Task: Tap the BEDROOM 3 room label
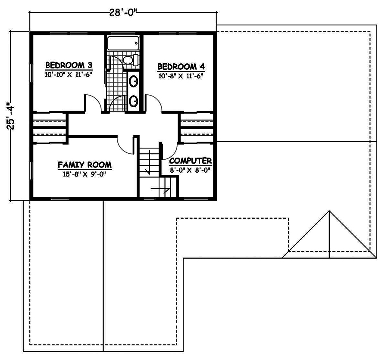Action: [69, 65]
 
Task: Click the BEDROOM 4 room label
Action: [181, 67]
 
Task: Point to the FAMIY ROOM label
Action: [84, 165]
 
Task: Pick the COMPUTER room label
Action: [190, 161]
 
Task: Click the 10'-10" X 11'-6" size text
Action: [69, 74]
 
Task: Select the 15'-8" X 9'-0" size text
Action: [84, 174]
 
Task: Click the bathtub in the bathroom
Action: [123, 44]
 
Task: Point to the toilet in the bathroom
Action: [130, 60]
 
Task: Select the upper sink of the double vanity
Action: [134, 81]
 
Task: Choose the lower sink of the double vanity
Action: [134, 101]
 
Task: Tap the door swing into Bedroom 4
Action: [154, 102]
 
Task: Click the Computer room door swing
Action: [168, 149]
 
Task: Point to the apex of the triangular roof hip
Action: [329, 211]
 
